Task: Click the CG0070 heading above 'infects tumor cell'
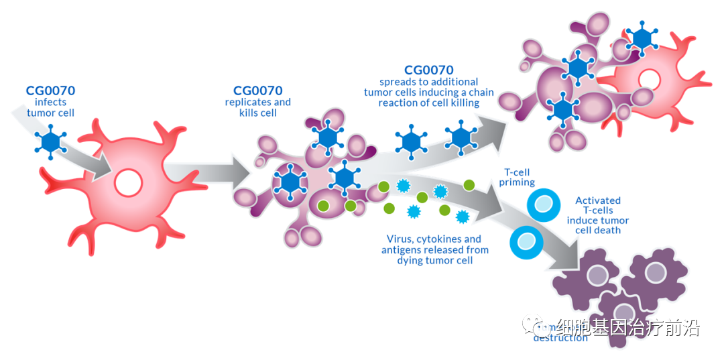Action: (50, 91)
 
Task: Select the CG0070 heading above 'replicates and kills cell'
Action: (258, 91)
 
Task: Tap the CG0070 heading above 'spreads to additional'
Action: (429, 70)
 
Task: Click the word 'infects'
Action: (51, 102)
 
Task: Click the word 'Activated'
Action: (598, 200)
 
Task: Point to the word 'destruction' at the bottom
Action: (560, 338)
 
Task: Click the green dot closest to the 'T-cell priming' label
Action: (469, 184)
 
